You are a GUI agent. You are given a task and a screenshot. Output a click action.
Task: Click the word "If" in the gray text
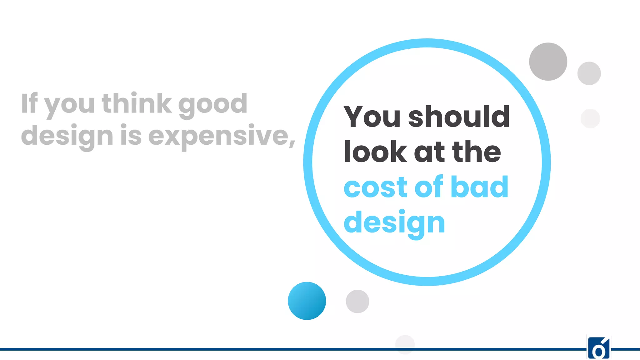[29, 103]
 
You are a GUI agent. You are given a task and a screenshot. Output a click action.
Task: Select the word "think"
[137, 103]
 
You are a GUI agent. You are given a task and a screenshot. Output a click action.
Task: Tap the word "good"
[213, 105]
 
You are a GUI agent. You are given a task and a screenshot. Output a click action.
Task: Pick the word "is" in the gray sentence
[131, 135]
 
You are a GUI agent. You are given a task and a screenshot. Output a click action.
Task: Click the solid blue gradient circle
[307, 301]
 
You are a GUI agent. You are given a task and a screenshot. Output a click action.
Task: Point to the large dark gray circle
[548, 62]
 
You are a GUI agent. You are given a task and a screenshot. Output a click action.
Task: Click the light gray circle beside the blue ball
[357, 301]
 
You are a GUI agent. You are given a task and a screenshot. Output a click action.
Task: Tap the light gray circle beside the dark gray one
[589, 73]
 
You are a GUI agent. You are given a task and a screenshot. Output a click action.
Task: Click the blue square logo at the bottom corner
[599, 348]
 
